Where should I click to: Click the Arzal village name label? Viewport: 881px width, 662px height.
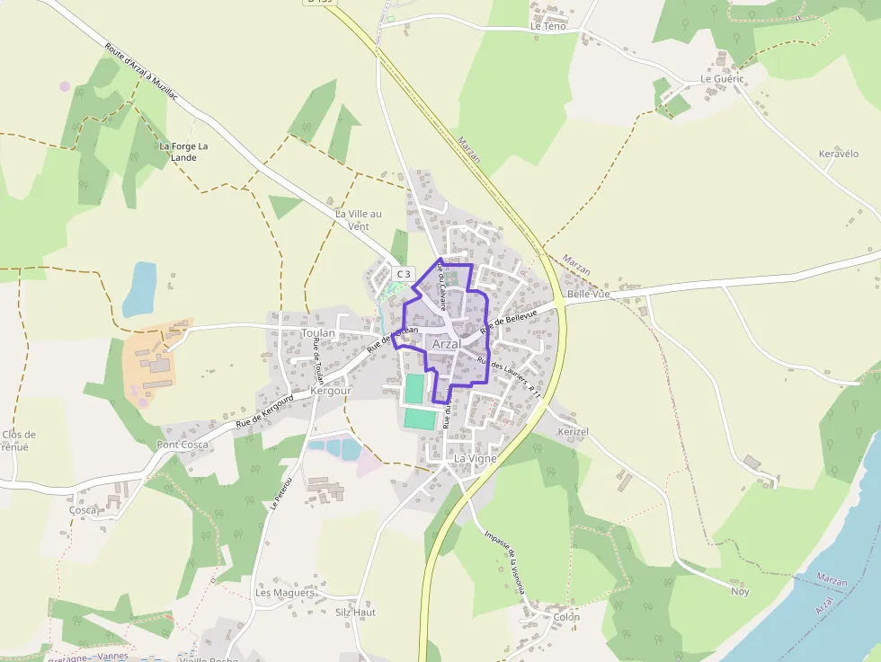coord(446,345)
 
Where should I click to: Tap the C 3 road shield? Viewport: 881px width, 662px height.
coord(404,274)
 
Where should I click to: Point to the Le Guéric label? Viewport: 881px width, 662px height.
coord(722,79)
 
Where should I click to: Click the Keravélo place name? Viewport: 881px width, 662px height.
coord(839,154)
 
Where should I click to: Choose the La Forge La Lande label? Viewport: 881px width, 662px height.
coord(183,151)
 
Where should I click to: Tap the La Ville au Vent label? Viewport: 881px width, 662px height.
coord(358,220)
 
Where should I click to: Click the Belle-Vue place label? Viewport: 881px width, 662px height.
coord(589,294)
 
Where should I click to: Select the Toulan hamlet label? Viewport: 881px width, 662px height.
coord(318,333)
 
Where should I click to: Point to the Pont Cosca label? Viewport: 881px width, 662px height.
coord(182,445)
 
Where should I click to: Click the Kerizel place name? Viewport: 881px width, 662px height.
coord(573,432)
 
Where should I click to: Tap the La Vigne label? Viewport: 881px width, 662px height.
coord(476,458)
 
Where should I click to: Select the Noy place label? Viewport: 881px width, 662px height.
coord(740,591)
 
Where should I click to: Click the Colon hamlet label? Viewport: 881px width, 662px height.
coord(566,617)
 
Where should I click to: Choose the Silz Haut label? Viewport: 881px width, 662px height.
coord(355,613)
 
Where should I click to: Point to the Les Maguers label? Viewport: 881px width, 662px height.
coord(285,593)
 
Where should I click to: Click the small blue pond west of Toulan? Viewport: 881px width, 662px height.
coord(140,288)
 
